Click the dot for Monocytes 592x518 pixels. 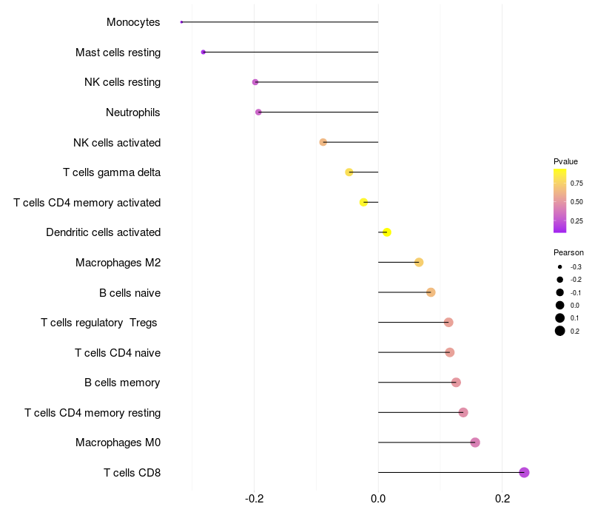coord(181,22)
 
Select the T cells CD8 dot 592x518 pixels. coord(524,472)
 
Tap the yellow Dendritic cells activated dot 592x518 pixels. coord(386,232)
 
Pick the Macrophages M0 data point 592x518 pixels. coord(475,443)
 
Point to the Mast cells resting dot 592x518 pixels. coord(203,53)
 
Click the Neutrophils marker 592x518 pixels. coord(258,112)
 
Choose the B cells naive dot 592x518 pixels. coord(431,292)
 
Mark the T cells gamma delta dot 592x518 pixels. coord(349,172)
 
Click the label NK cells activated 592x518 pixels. coord(117,142)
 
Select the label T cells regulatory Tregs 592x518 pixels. coord(99,322)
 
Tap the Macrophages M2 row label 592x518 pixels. coord(118,262)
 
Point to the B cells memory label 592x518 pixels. coord(122,383)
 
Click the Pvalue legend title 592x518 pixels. coord(565,161)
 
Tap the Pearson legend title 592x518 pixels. coord(568,252)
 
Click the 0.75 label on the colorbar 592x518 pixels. coord(576,183)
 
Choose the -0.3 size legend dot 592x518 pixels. coord(560,266)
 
